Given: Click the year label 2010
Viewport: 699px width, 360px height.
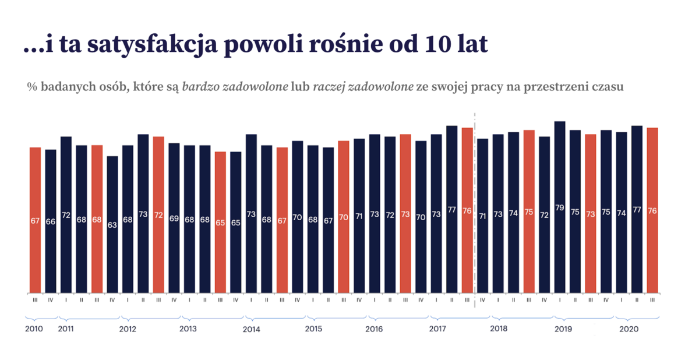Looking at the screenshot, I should coord(34,329).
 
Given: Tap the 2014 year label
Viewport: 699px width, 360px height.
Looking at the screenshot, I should coord(251,329).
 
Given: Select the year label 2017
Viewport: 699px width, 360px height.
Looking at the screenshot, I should coord(437,329).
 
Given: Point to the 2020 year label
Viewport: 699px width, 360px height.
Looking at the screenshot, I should coord(629,329).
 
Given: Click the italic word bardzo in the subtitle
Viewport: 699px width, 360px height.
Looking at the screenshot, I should coord(199,87).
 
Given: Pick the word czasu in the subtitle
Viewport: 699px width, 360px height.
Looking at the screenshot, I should coord(609,87).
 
